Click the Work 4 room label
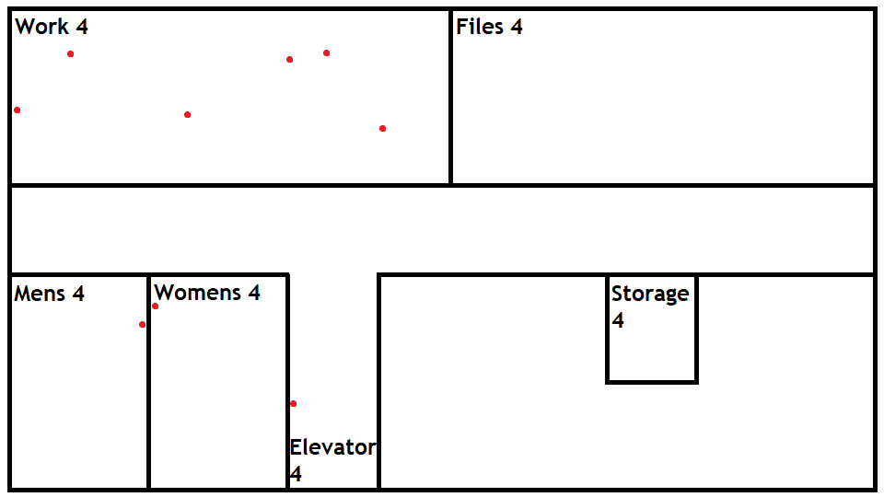(x=52, y=27)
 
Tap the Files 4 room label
(x=489, y=27)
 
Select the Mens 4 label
(x=49, y=294)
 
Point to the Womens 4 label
(x=206, y=293)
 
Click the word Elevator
(x=332, y=447)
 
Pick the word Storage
(x=649, y=294)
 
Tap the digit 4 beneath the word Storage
(x=618, y=320)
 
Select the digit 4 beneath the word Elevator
(x=296, y=474)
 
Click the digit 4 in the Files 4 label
(x=517, y=27)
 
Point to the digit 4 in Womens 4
(x=253, y=293)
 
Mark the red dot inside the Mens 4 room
(x=142, y=324)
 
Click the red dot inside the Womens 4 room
(x=155, y=306)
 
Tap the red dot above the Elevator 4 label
(x=293, y=403)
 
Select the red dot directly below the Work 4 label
(x=70, y=53)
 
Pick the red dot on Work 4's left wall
(x=17, y=110)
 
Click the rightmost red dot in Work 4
(x=382, y=128)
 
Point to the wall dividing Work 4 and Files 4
(x=450, y=101)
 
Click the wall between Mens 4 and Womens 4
(x=148, y=396)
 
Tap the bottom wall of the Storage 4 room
(x=651, y=381)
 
